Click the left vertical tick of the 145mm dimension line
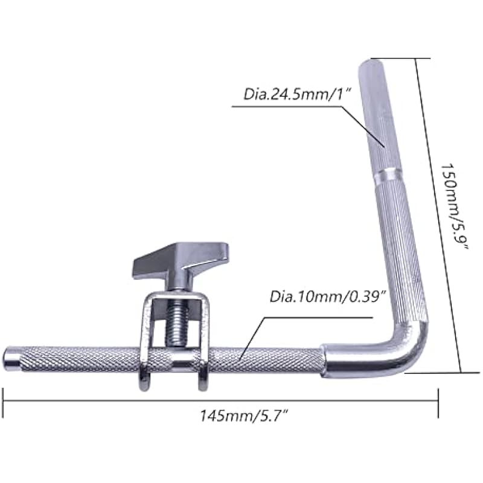click(4, 401)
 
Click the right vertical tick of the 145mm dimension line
click(438, 401)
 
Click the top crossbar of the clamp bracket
click(175, 296)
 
